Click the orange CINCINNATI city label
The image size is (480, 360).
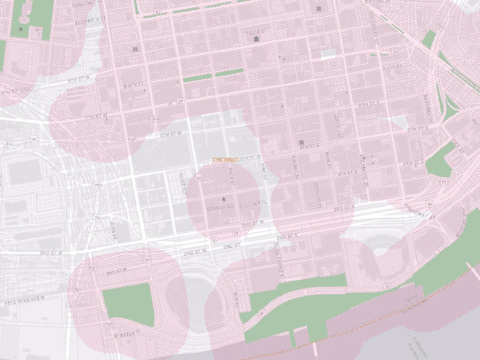pyautogui.click(x=226, y=160)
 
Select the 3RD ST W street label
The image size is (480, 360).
pyautogui.click(x=51, y=252)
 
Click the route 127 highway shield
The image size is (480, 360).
pyautogui.click(x=132, y=139)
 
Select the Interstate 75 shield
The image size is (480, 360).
pyautogui.click(x=97, y=185)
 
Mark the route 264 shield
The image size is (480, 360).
pyautogui.click(x=8, y=143)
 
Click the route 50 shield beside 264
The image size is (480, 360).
pyautogui.click(x=34, y=139)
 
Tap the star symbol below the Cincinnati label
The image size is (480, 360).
pyautogui.click(x=223, y=200)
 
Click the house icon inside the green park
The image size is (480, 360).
pyautogui.click(x=20, y=29)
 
